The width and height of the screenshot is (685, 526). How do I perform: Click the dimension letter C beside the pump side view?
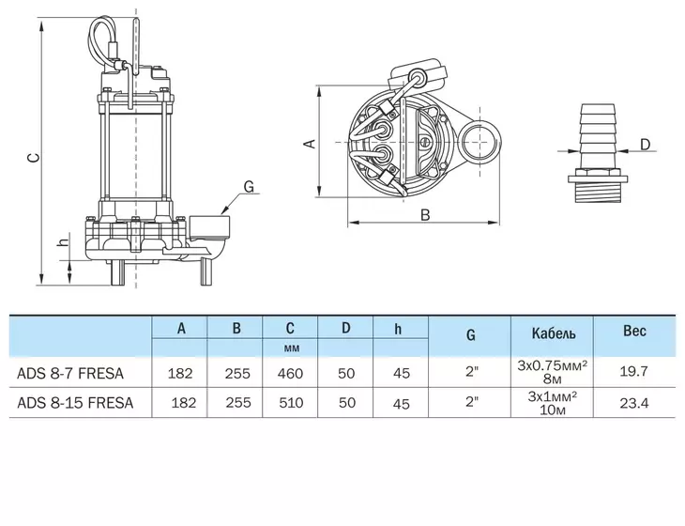point(34,158)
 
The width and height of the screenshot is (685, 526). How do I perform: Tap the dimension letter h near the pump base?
point(64,240)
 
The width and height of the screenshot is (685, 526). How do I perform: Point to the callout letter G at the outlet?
point(249,187)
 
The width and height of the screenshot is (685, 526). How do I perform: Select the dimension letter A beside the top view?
point(310,144)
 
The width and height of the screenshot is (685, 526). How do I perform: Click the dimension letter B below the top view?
point(425,215)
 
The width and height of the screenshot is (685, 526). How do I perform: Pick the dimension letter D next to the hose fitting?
point(645,144)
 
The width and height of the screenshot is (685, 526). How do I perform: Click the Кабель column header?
point(553,333)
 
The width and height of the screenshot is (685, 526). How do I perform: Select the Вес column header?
point(634,332)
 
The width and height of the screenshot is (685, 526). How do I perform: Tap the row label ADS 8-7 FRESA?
point(70,374)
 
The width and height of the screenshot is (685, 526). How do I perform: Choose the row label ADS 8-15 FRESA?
point(75,403)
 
